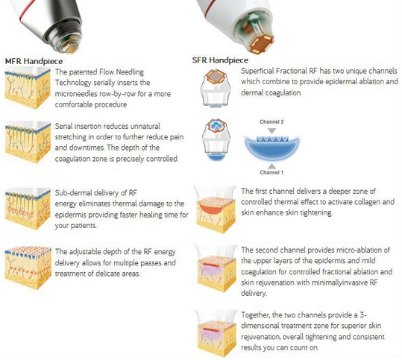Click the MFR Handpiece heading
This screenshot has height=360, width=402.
pos(34,61)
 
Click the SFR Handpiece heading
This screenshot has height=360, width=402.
pos(220,60)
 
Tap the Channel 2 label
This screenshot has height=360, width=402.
pos(271,121)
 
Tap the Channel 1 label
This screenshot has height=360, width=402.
pos(271,172)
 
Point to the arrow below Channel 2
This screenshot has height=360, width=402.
pos(271,131)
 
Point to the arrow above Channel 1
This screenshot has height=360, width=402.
pos(271,166)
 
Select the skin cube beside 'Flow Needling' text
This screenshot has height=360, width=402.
pos(28,88)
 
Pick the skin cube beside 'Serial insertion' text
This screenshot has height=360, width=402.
pos(28,142)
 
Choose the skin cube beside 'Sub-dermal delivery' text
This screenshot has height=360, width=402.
pos(28,209)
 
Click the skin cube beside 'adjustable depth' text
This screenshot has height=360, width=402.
pos(28,268)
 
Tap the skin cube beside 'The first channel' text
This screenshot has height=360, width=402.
pos(216,209)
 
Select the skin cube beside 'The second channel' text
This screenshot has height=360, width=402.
pos(216,268)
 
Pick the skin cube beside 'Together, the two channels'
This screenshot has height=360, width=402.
pos(216,334)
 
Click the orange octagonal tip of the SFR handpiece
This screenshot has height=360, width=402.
pos(262,43)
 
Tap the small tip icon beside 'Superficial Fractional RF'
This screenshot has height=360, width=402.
pos(216,88)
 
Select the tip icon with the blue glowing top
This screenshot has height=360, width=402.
pos(216,140)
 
